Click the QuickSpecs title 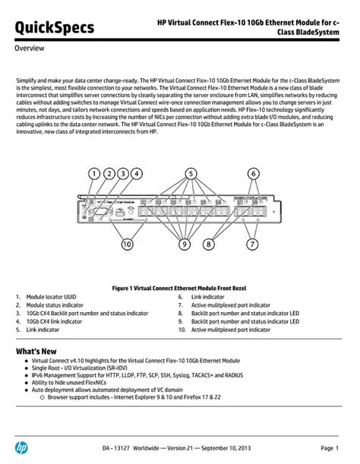[55, 27]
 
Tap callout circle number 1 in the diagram [95, 173]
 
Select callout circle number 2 [109, 173]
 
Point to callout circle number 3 [123, 173]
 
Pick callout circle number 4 [137, 173]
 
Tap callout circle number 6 [254, 173]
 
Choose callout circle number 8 [208, 245]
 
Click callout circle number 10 [126, 245]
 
